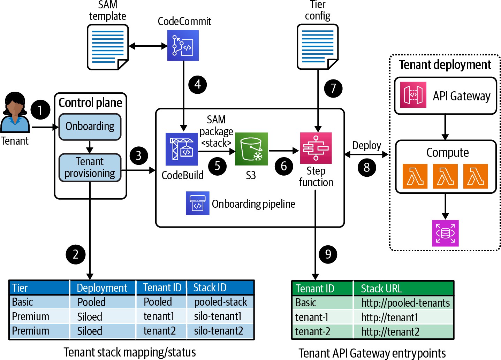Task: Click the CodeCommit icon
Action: [x=183, y=45]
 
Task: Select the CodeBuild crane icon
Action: [x=182, y=149]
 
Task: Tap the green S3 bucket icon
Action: [x=251, y=149]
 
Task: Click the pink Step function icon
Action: [x=316, y=148]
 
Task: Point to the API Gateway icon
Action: [x=413, y=95]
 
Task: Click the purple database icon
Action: [x=445, y=233]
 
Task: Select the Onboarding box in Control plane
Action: [x=90, y=127]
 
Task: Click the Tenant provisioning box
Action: [x=90, y=168]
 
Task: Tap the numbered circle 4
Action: [x=198, y=84]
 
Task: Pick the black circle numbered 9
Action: [x=328, y=254]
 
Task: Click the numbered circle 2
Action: [x=76, y=254]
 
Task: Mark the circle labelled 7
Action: [x=333, y=88]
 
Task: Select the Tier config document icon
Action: [x=318, y=47]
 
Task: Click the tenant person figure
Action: [x=15, y=113]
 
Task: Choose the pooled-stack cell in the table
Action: [x=220, y=302]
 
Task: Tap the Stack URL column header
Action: [x=381, y=289]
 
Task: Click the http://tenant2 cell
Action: [x=390, y=332]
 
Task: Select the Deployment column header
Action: [x=102, y=288]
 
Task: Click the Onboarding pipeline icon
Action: [x=197, y=203]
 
